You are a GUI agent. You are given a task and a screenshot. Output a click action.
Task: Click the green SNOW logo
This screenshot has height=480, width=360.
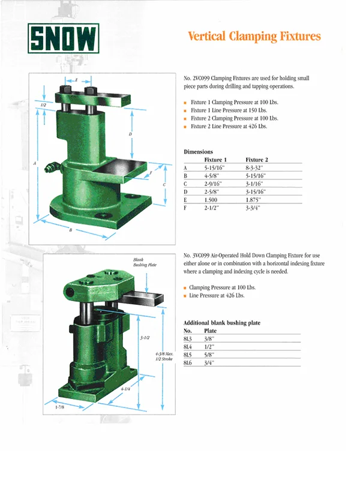[x=64, y=38]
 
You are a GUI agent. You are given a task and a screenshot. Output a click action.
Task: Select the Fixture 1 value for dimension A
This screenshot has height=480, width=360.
[x=214, y=168]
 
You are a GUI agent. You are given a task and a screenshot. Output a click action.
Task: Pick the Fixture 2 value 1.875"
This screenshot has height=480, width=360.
[x=253, y=200]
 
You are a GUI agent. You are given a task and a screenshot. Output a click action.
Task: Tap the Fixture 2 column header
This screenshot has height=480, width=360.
[x=257, y=160]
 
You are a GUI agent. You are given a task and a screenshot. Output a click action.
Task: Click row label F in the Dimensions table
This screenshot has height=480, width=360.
[x=185, y=208]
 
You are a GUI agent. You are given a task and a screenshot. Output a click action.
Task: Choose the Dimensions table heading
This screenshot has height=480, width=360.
[x=198, y=152]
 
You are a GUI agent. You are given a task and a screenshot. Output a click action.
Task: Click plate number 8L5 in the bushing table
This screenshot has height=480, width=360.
[x=187, y=355]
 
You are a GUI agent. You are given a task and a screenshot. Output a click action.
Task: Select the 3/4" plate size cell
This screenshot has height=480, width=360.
[x=209, y=363]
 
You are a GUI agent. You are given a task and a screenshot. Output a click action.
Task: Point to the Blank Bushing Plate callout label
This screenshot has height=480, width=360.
[x=145, y=262]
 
